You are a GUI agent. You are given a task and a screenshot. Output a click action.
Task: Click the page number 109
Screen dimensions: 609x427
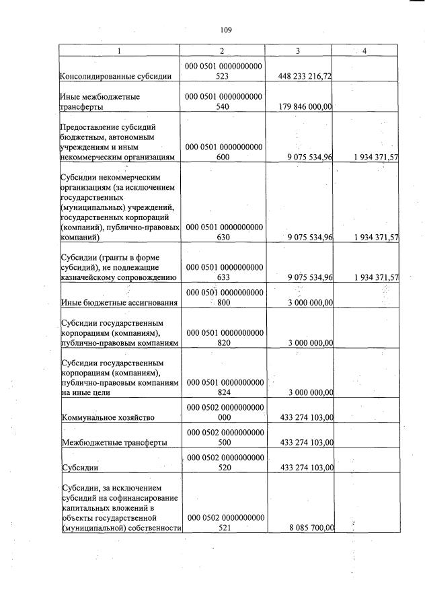[x=225, y=30]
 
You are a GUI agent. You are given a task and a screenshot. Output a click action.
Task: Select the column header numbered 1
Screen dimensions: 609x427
[x=120, y=51]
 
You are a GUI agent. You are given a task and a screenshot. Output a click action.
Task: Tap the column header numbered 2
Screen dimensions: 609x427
[x=224, y=51]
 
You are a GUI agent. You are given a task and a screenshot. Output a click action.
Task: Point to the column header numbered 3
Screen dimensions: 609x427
[x=298, y=51]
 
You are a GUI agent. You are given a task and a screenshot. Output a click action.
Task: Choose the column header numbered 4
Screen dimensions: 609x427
[x=366, y=51]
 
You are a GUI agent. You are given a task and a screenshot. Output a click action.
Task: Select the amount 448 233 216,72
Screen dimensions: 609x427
[x=305, y=77]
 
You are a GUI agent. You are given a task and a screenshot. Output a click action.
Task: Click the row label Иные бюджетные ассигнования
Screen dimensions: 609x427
[x=119, y=303]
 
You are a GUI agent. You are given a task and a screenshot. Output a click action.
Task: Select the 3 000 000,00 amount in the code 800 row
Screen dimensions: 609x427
[x=310, y=303]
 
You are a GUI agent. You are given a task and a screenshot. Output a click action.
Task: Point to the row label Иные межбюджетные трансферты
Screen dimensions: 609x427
[x=100, y=102]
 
